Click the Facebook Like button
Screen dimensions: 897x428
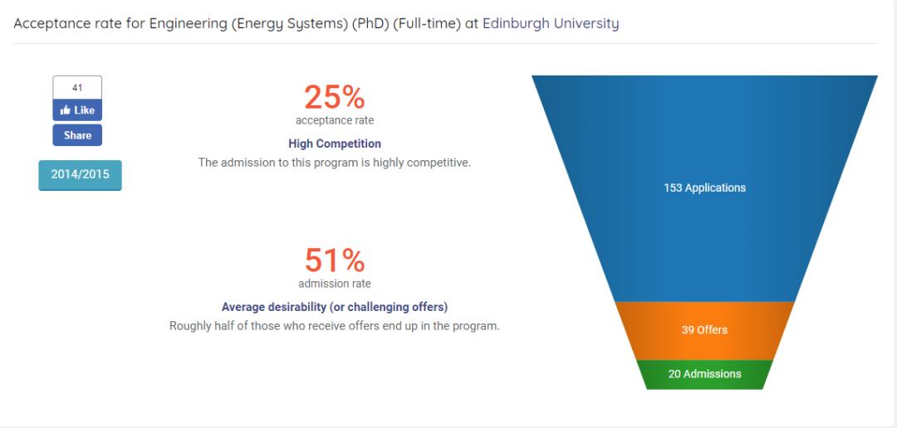tap(77, 110)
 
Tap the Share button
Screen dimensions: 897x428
tap(77, 135)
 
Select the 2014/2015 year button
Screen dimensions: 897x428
tap(80, 175)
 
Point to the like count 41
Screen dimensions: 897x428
tap(77, 88)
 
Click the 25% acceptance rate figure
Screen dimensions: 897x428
tap(334, 97)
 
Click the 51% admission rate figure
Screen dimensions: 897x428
tap(334, 260)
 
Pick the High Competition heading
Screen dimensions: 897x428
tap(335, 143)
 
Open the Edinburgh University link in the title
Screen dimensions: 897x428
tap(551, 23)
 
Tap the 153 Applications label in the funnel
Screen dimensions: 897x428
tap(705, 188)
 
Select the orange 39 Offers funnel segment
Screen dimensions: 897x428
tap(705, 330)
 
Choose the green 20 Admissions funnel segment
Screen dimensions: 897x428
tap(705, 374)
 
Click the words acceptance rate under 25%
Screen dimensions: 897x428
tap(335, 120)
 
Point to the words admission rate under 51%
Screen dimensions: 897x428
tap(335, 284)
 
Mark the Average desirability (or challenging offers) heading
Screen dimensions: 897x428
tap(335, 307)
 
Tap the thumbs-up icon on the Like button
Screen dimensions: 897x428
tap(65, 110)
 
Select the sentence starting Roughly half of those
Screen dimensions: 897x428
tap(335, 326)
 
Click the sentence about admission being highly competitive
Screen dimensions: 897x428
tap(335, 163)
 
